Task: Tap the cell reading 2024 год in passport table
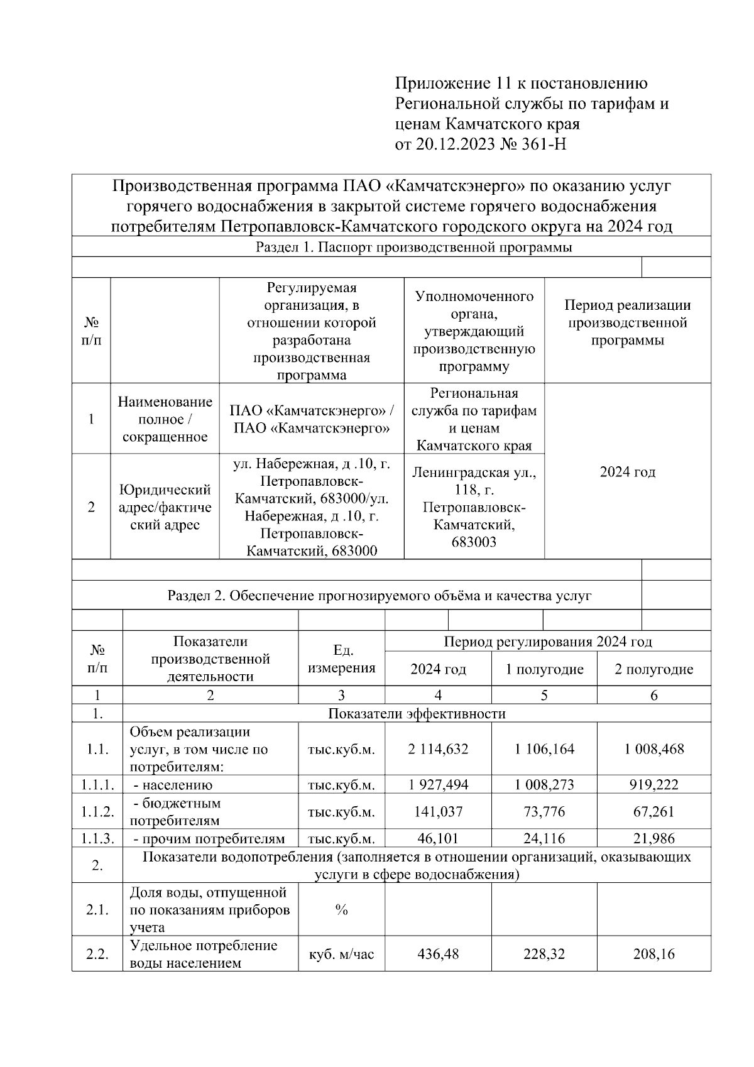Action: (x=627, y=472)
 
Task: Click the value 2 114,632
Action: (x=438, y=749)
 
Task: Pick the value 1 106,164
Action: (x=544, y=749)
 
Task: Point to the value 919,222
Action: (x=653, y=785)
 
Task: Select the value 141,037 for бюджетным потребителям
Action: (x=438, y=812)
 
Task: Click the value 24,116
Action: (x=544, y=839)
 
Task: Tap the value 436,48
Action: (x=438, y=954)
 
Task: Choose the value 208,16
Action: (x=653, y=954)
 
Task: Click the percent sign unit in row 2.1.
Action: (x=341, y=910)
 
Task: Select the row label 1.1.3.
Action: (x=97, y=839)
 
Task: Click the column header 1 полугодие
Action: (x=544, y=669)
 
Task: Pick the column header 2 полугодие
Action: (x=653, y=669)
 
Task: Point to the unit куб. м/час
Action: (x=341, y=954)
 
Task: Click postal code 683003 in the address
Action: (x=474, y=542)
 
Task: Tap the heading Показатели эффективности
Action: (x=417, y=714)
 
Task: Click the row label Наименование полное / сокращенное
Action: (x=165, y=419)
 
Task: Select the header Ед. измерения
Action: (x=341, y=659)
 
